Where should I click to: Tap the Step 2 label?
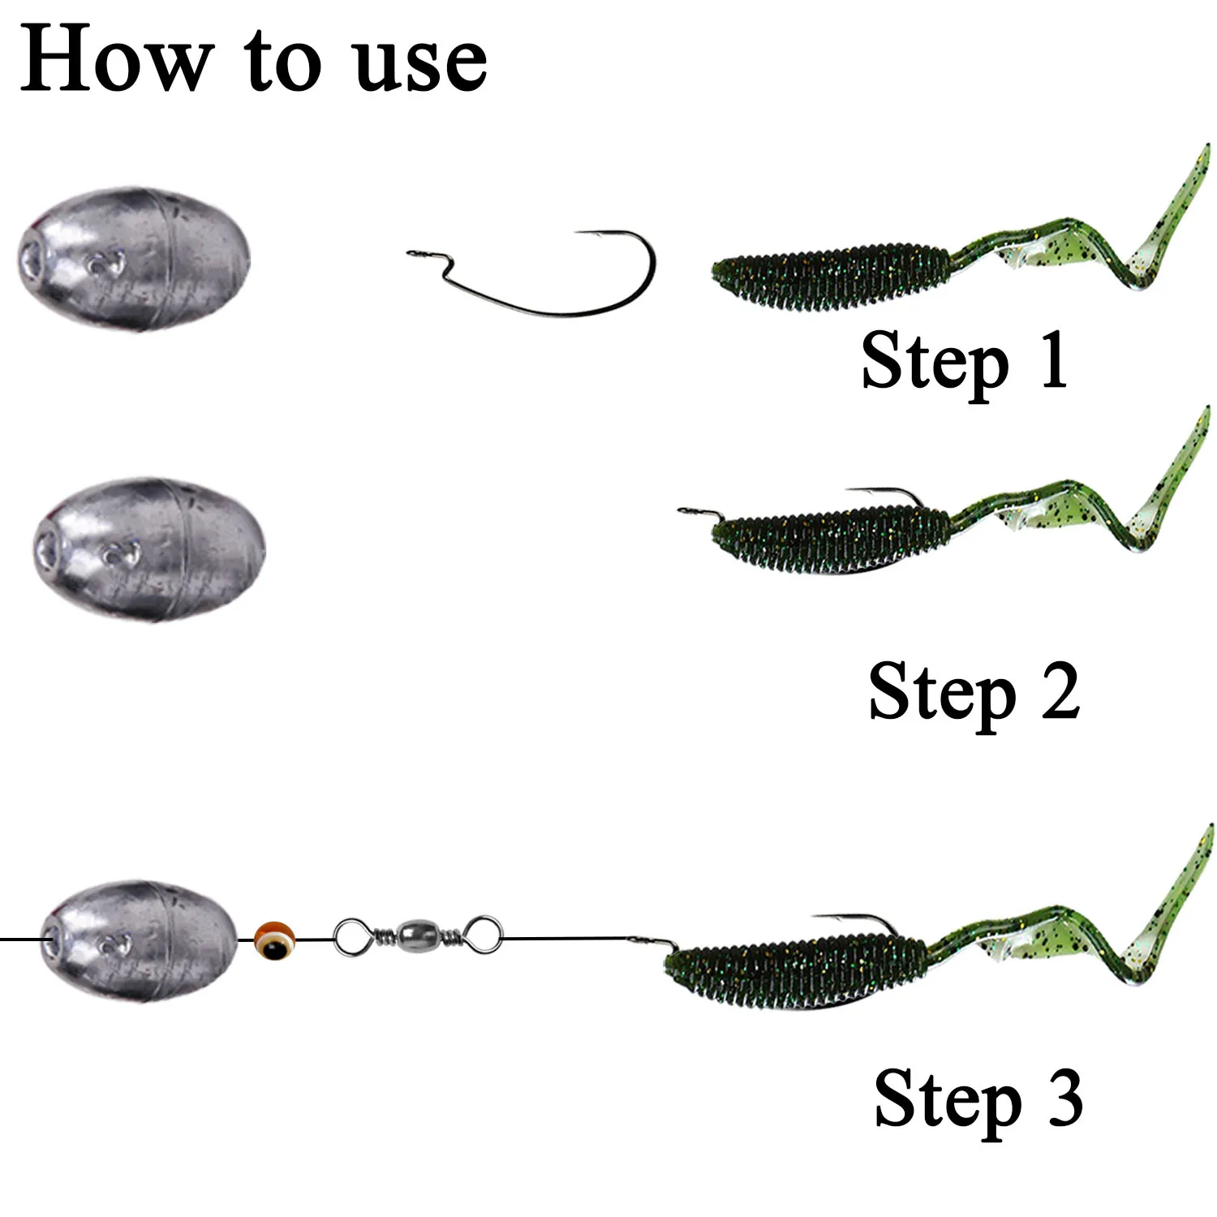974,692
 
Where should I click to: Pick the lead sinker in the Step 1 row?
134,257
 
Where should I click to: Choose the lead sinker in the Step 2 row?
150,549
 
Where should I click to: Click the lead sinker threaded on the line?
142,941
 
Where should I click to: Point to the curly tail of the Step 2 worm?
1103,495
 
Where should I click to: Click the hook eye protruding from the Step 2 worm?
690,510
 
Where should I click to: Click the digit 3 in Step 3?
1065,1098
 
